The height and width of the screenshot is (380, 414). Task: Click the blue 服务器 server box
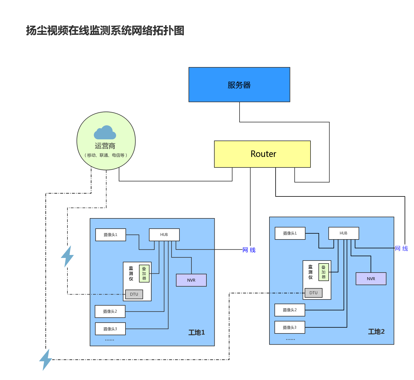(239, 85)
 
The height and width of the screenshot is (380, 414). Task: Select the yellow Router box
(262, 154)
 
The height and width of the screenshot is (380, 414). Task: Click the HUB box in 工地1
(164, 235)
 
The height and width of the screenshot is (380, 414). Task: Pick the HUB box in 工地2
(344, 233)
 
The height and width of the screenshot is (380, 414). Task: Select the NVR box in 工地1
(191, 280)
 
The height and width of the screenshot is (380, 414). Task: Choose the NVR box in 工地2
(371, 279)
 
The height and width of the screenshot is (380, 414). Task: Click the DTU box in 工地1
(134, 294)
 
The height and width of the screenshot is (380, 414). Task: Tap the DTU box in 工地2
(313, 293)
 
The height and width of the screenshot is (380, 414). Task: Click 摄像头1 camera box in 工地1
(111, 235)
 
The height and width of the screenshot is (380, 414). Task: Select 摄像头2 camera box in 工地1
(110, 311)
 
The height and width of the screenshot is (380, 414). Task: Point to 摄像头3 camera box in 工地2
(290, 327)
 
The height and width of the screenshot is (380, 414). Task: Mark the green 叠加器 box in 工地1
(144, 273)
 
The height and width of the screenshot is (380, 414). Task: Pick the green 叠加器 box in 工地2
(323, 272)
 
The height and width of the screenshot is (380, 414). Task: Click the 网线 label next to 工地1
(250, 250)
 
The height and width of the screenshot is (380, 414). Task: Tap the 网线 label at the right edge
(401, 248)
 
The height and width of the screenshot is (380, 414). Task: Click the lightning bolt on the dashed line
(67, 256)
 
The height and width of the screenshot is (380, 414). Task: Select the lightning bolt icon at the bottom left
(46, 360)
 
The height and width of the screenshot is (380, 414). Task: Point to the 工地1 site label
(196, 332)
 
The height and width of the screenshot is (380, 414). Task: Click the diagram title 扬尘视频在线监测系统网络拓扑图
(105, 30)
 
